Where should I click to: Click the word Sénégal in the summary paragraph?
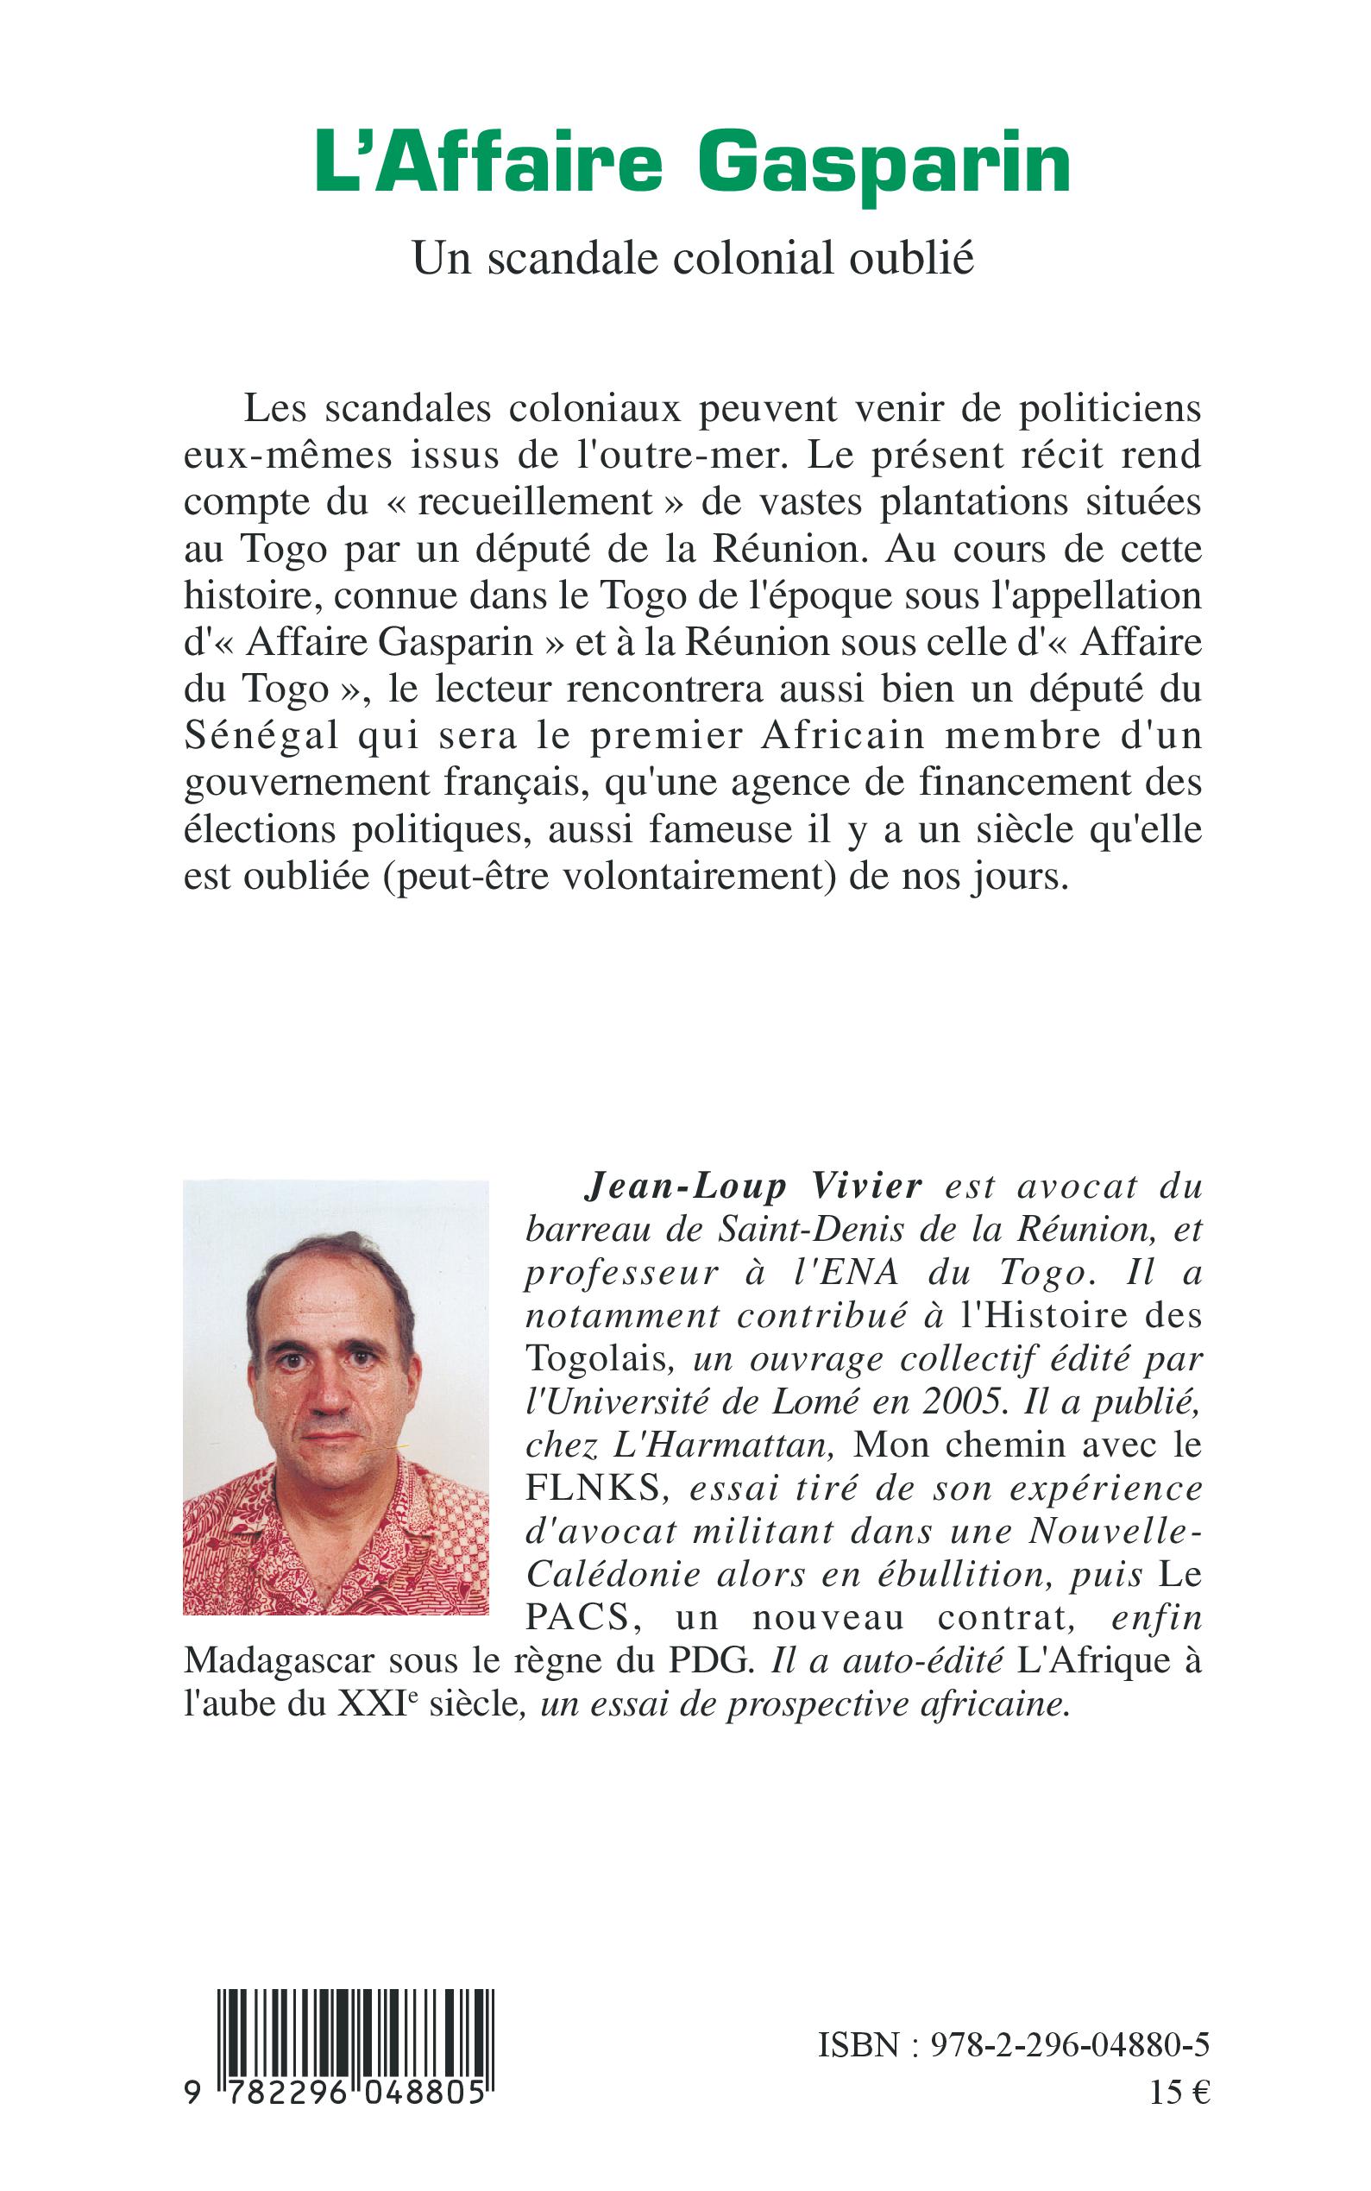pos(261,735)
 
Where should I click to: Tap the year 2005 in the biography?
pos(962,1401)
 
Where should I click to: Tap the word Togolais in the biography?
pos(599,1358)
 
